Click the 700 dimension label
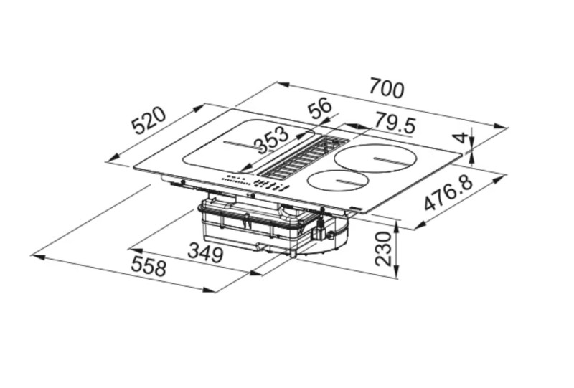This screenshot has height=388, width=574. click(x=387, y=88)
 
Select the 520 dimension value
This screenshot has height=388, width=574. click(x=149, y=120)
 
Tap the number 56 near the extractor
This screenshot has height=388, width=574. click(x=319, y=108)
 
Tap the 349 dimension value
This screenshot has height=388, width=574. click(x=205, y=253)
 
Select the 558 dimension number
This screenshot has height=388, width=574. click(x=149, y=266)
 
